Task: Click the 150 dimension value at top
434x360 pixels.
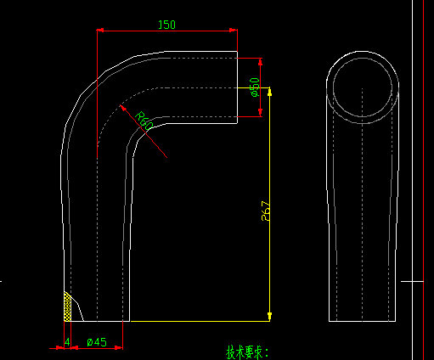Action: click(x=166, y=25)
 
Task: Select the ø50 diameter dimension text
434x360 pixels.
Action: click(x=255, y=87)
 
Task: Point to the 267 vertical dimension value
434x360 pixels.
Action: click(x=266, y=211)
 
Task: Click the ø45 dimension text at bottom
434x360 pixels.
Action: click(x=97, y=342)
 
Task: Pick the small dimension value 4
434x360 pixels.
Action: click(x=67, y=342)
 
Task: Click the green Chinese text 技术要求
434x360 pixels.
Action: click(x=247, y=352)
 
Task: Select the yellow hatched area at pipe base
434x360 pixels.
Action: click(x=67, y=305)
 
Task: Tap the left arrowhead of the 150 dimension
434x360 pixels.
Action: click(x=101, y=31)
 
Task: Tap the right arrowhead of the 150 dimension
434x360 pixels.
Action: click(x=232, y=31)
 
